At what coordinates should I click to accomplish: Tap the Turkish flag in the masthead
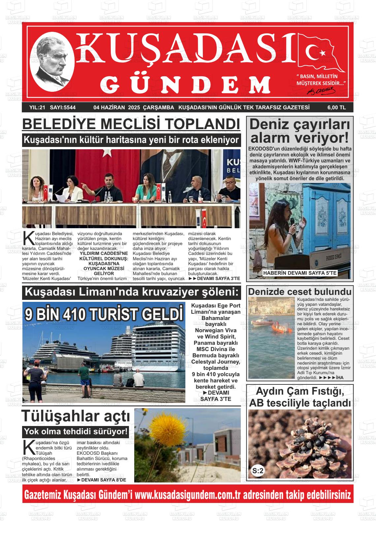320,53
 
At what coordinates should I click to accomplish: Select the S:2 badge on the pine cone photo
258,471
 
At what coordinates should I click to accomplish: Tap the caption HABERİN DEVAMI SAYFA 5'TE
299,273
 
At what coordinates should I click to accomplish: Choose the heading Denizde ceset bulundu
299,292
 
